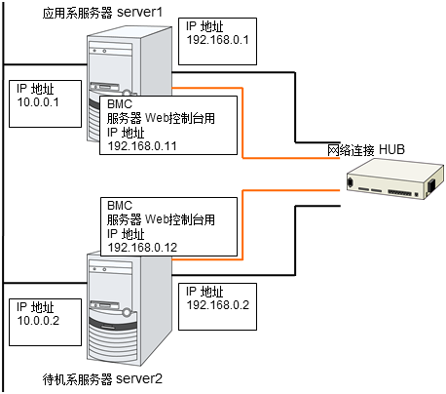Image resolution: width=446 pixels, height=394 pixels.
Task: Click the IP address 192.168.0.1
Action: pyautogui.click(x=217, y=40)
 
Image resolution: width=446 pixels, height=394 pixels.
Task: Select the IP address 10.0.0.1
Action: pyautogui.click(x=38, y=102)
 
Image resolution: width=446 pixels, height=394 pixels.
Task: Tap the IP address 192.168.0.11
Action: pyautogui.click(x=142, y=146)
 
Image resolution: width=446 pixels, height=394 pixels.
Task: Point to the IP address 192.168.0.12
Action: pyautogui.click(x=142, y=248)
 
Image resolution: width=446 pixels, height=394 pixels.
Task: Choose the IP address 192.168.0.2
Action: pyautogui.click(x=218, y=305)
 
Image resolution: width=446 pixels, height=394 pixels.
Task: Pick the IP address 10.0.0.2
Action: pyautogui.click(x=38, y=321)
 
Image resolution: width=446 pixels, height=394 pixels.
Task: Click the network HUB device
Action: pyautogui.click(x=394, y=179)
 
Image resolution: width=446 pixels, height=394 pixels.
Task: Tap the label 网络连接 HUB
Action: pyautogui.click(x=366, y=150)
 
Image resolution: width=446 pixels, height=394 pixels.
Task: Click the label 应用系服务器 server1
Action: pyautogui.click(x=102, y=13)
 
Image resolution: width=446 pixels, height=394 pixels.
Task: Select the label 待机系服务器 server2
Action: pyautogui.click(x=102, y=379)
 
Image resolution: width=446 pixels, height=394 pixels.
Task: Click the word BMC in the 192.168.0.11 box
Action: pyautogui.click(x=120, y=104)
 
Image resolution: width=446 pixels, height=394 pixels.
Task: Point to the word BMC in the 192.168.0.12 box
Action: pyautogui.click(x=120, y=206)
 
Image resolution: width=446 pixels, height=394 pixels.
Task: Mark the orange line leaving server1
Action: pyautogui.click(x=242, y=123)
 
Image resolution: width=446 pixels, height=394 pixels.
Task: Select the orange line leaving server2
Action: pyautogui.click(x=242, y=225)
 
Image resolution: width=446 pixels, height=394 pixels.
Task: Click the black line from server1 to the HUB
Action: pyautogui.click(x=295, y=107)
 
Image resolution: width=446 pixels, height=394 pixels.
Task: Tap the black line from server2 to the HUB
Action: pyautogui.click(x=295, y=241)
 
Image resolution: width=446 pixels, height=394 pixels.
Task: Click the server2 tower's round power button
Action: pyautogui.click(x=127, y=313)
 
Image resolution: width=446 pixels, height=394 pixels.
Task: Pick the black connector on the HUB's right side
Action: pyautogui.click(x=431, y=185)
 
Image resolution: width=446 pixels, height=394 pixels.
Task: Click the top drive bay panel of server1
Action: pyautogui.click(x=110, y=46)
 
